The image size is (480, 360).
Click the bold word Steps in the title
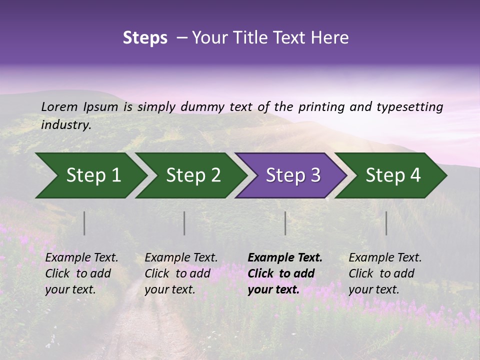pos(145,38)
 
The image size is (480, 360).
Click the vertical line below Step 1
pos(84,223)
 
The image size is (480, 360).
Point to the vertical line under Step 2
pos(184,223)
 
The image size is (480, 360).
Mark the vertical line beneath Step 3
pos(285,223)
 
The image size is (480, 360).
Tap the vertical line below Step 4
pos(386,223)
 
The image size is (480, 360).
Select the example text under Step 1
pos(81,273)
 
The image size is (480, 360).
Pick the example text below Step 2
pos(181,273)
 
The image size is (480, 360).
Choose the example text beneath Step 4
pos(385,273)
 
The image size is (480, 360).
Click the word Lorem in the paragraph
pos(59,106)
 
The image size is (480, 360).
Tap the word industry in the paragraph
pos(65,125)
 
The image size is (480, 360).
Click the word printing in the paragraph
pos(321,107)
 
